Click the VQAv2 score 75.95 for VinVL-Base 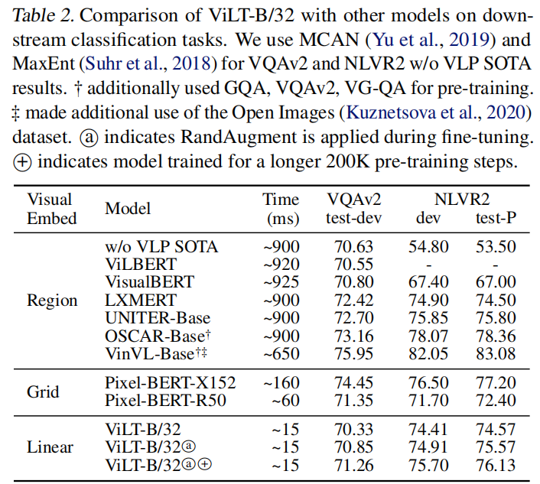click(353, 353)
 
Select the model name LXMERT click(141, 300)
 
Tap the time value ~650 click(280, 353)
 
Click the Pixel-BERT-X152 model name click(170, 382)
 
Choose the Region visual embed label click(53, 300)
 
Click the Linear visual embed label click(51, 447)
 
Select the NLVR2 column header click(462, 200)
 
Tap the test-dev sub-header click(353, 218)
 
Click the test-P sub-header click(496, 218)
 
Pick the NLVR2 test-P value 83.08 click(496, 353)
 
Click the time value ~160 click(280, 382)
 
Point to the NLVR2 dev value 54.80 click(428, 246)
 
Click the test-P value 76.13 click(496, 465)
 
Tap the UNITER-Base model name click(157, 317)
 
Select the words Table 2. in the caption click(41, 16)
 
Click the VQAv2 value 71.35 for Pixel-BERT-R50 click(353, 401)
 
